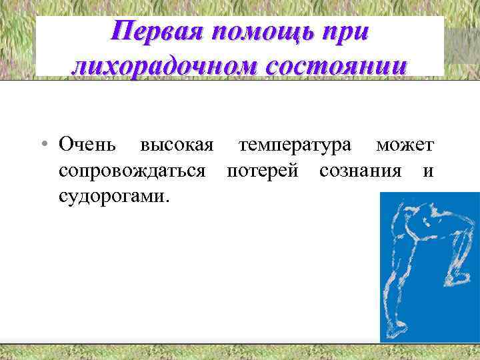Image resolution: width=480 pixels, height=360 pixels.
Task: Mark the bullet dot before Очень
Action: tap(41, 145)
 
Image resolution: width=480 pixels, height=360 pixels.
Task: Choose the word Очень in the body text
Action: tap(87, 144)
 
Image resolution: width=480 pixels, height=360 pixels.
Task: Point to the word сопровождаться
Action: tap(132, 171)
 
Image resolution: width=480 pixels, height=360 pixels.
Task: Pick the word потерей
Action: tap(264, 171)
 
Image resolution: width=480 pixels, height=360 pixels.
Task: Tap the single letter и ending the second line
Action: tap(428, 171)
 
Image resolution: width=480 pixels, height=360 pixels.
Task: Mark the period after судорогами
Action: tap(167, 201)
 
